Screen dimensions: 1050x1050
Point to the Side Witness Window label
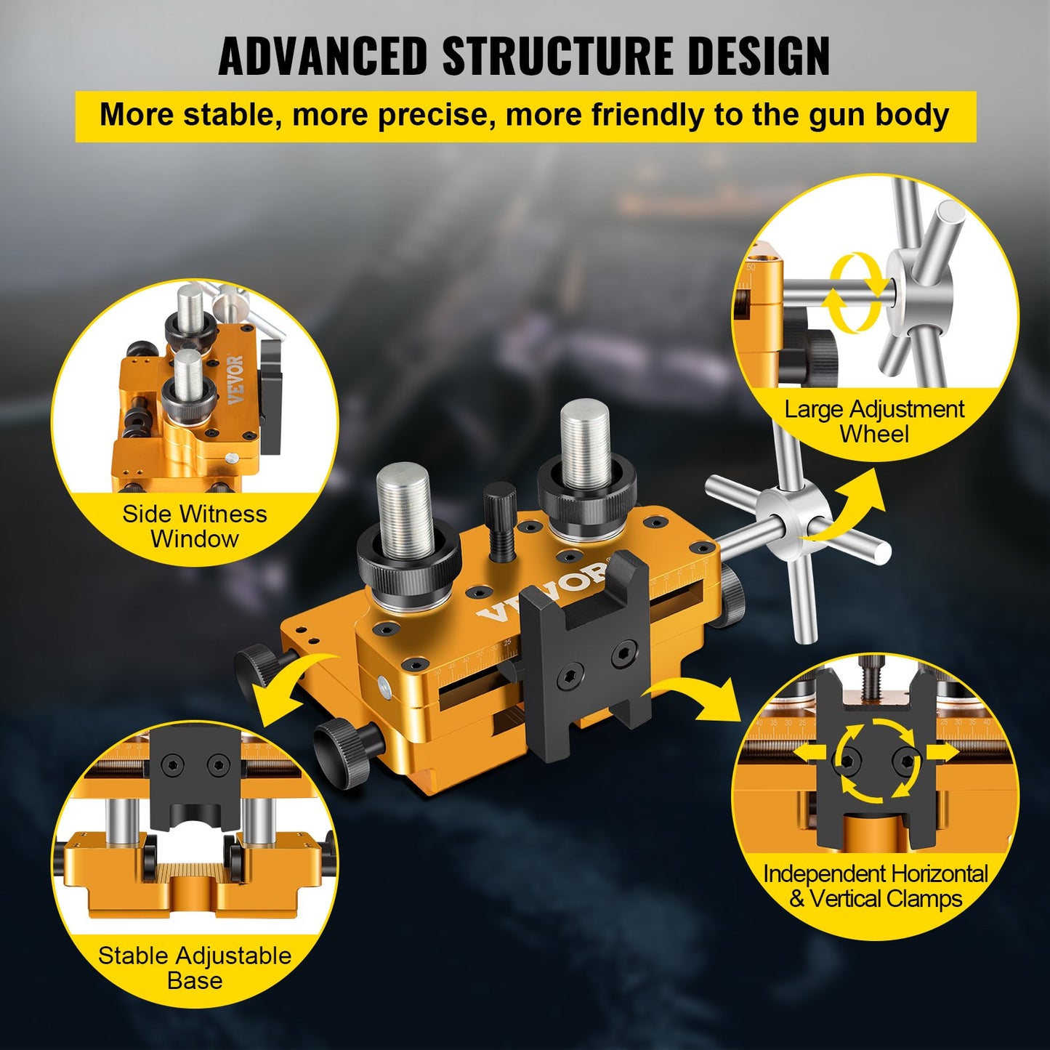(195, 526)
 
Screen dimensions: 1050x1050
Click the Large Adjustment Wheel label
(874, 421)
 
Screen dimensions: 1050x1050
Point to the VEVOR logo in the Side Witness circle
(236, 380)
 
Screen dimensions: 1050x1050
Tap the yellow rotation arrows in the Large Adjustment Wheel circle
(852, 292)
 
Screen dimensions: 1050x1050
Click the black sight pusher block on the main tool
(585, 654)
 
